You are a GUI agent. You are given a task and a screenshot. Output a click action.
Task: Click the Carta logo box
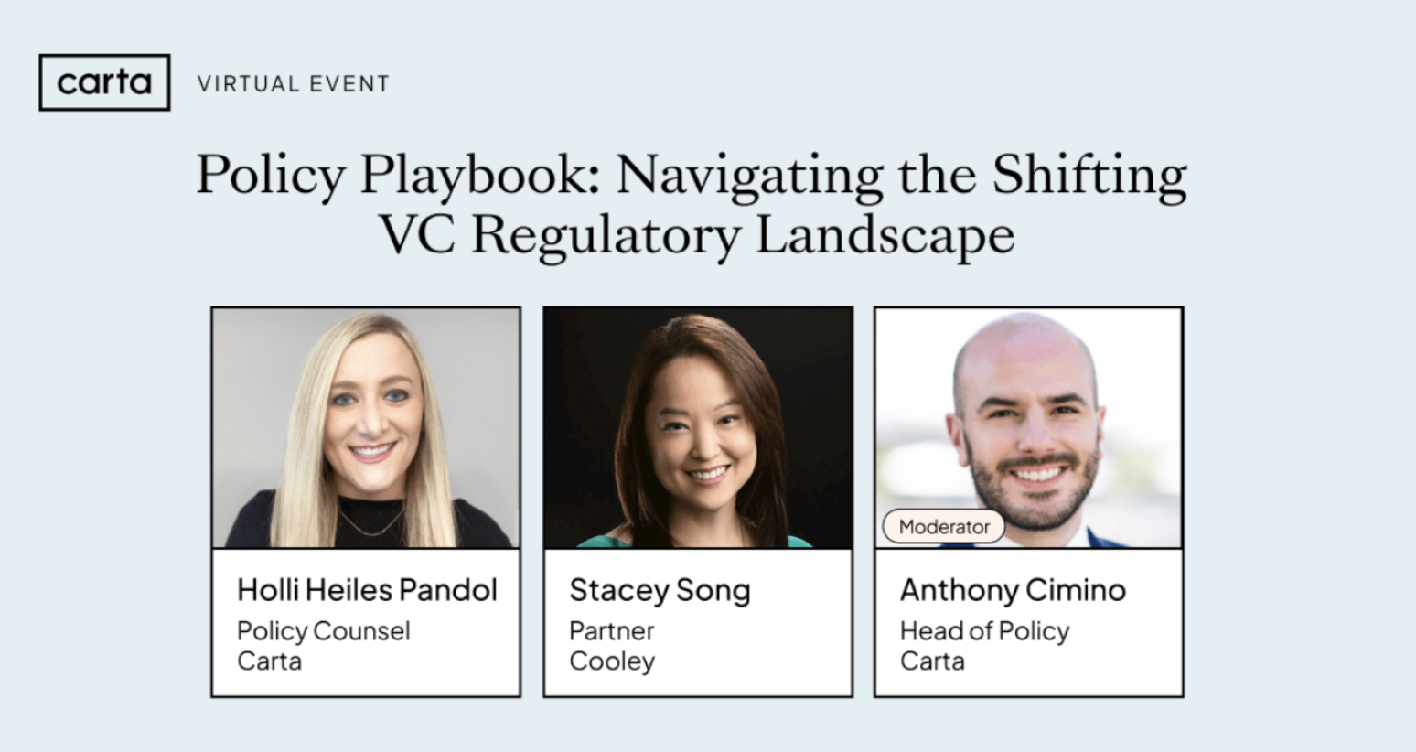(104, 82)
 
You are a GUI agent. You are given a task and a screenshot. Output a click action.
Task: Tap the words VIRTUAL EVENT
(294, 83)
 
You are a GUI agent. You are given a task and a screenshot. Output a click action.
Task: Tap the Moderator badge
(944, 526)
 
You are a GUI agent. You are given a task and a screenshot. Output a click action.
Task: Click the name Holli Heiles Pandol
(367, 589)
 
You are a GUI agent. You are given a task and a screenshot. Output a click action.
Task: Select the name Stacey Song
(660, 591)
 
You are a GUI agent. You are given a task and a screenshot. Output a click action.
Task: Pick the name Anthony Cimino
(1013, 591)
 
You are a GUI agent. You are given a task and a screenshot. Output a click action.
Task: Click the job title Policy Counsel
(324, 630)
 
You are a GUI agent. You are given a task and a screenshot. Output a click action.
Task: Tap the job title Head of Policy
(985, 630)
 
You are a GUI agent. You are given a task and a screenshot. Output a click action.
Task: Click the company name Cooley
(612, 661)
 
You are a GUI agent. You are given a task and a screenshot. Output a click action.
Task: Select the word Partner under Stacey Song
(612, 630)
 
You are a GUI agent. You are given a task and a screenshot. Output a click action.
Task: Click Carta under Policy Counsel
(269, 661)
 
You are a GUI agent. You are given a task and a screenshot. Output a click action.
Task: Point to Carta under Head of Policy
(932, 661)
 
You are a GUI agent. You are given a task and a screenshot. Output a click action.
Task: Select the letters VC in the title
(417, 235)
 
